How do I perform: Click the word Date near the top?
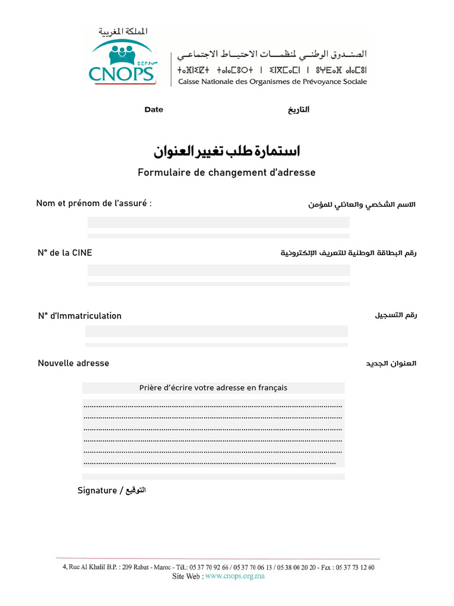click(x=154, y=109)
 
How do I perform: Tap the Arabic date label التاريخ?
click(x=299, y=110)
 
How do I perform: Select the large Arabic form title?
click(x=227, y=151)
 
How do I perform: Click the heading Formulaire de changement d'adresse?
click(x=227, y=173)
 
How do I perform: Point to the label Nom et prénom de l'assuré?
click(x=94, y=204)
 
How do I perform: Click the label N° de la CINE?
click(x=65, y=253)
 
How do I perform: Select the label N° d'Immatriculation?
click(x=80, y=316)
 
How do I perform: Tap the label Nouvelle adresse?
click(x=73, y=363)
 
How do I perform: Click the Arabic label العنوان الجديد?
click(x=391, y=363)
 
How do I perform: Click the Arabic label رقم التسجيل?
click(x=395, y=315)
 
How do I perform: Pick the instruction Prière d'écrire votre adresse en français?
click(x=213, y=388)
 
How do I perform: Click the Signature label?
click(x=98, y=491)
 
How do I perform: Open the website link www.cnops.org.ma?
click(x=235, y=576)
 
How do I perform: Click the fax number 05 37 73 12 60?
click(x=355, y=567)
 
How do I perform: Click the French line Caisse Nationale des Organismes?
click(x=273, y=82)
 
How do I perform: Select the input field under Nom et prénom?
click(x=218, y=223)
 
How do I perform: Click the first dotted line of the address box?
click(x=213, y=407)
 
